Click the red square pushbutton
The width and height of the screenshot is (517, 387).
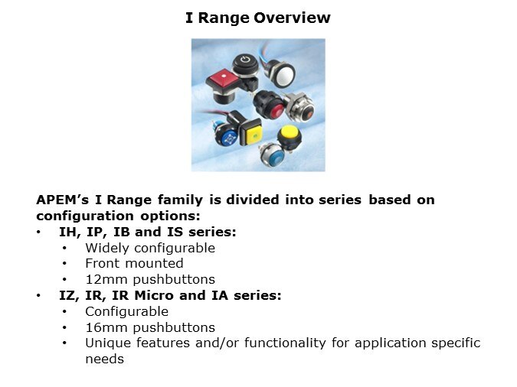pyautogui.click(x=222, y=78)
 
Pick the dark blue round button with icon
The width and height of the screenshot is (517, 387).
pyautogui.click(x=227, y=137)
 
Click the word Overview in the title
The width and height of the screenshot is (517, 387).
pyautogui.click(x=293, y=17)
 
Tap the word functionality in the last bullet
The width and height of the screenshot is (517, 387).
pyautogui.click(x=275, y=343)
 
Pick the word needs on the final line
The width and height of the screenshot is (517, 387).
pyautogui.click(x=104, y=359)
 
